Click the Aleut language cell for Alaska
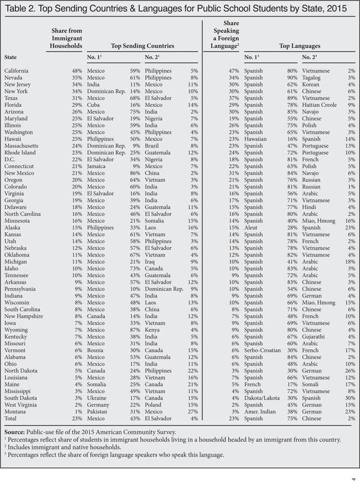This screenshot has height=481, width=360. pos(251,228)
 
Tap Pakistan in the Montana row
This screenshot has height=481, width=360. pos(98,411)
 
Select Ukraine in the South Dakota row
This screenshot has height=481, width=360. pos(97,398)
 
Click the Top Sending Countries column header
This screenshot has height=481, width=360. pos(142,46)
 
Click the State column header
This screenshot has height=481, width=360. pos(11,58)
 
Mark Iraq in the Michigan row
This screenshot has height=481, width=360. pos(150,262)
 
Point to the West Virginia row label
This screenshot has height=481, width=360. pos(21,405)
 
